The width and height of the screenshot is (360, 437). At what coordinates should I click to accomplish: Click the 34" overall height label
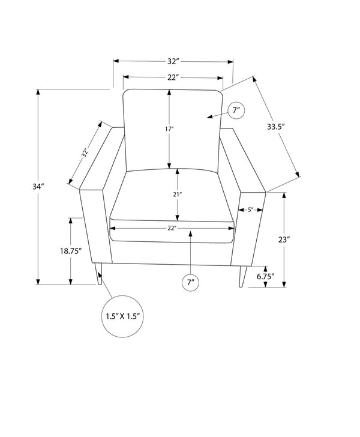38,187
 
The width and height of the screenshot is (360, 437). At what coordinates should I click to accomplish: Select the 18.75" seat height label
71,251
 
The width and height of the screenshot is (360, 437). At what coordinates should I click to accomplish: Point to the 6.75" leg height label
266,277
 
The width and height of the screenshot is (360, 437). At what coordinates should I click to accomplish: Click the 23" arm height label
284,240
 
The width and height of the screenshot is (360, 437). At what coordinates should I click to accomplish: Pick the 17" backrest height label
169,128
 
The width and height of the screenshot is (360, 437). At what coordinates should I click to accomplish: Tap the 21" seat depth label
177,194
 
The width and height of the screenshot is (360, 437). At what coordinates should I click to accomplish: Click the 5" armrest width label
250,209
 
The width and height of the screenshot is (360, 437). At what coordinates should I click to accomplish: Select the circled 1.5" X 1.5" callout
123,316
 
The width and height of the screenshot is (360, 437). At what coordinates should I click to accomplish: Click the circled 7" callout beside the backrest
236,110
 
